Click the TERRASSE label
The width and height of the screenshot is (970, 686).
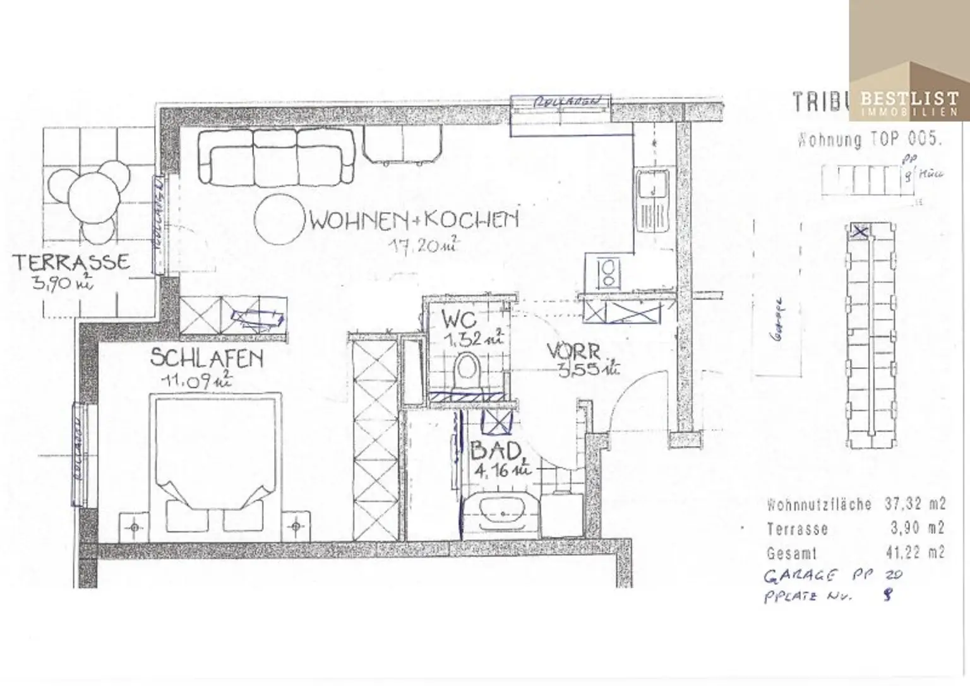click(71, 262)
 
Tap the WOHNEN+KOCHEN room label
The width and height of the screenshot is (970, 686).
click(414, 220)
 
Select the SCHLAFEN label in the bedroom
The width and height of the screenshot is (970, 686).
click(206, 358)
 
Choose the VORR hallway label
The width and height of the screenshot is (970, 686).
click(573, 351)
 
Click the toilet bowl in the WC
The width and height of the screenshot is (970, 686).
click(467, 369)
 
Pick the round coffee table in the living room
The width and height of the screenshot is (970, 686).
click(280, 218)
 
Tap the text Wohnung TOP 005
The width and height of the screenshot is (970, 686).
click(869, 139)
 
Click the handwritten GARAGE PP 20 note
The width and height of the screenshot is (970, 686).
click(833, 575)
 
